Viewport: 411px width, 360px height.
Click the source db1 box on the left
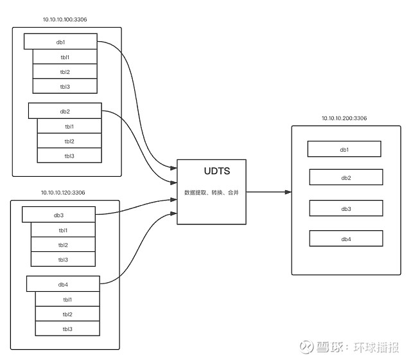[x=60, y=42]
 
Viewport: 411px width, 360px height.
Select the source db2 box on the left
[x=65, y=111]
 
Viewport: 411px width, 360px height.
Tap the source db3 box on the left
[x=58, y=214]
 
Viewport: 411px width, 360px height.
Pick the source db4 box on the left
[x=63, y=284]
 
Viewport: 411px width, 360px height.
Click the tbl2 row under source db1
[x=65, y=71]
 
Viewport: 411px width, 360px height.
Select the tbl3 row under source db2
[x=69, y=156]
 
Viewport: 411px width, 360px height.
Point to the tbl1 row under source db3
[x=63, y=230]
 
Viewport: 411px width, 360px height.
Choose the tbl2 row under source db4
[x=67, y=314]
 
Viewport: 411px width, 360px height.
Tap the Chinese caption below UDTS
[x=212, y=193]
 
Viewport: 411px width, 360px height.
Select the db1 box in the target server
[x=344, y=149]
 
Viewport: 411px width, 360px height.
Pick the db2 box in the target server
[x=346, y=177]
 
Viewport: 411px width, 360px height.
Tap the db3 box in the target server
[x=346, y=208]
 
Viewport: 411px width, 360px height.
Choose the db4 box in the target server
[x=346, y=239]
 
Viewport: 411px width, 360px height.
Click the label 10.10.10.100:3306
[x=65, y=20]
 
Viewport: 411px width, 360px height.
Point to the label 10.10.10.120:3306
[x=63, y=192]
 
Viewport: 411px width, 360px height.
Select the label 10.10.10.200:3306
[x=344, y=118]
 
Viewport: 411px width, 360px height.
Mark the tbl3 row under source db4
[x=67, y=329]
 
